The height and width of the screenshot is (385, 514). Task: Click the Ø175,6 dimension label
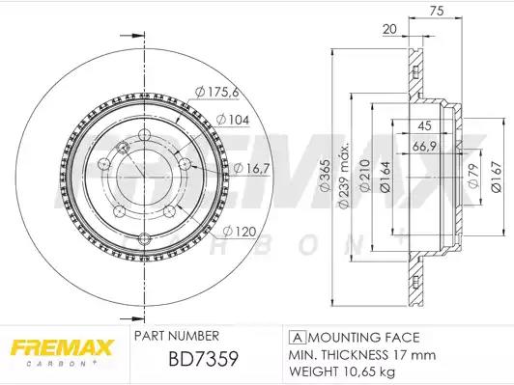click(216, 92)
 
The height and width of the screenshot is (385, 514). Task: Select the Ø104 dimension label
click(233, 120)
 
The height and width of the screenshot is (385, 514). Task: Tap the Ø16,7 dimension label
click(251, 168)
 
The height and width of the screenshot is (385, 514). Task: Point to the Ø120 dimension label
click(240, 232)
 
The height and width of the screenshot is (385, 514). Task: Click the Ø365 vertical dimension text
click(325, 176)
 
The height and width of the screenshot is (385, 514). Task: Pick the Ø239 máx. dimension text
click(343, 176)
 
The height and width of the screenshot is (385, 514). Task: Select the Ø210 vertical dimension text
click(365, 176)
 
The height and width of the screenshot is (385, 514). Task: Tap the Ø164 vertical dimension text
click(385, 178)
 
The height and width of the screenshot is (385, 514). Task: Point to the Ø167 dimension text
click(497, 178)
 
